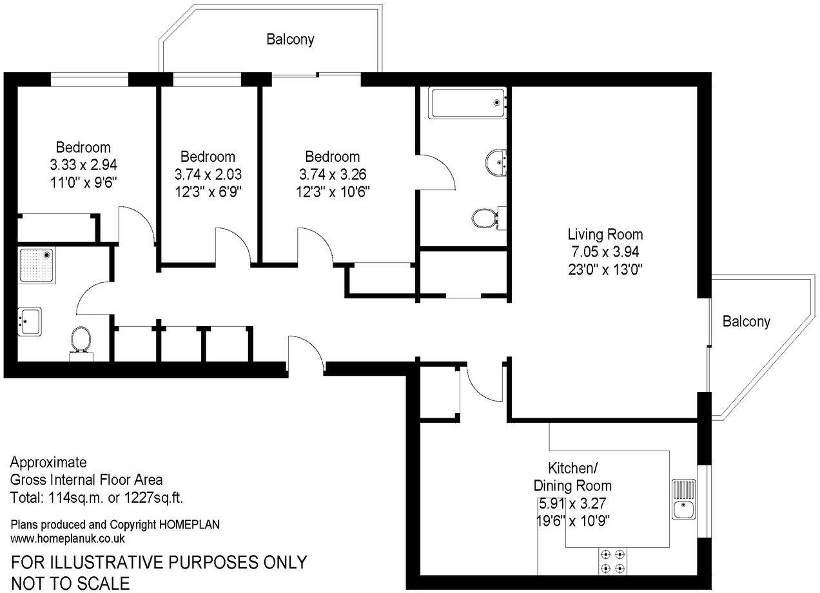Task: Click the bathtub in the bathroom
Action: tap(468, 102)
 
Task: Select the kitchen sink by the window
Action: tap(684, 500)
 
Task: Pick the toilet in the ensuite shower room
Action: tap(81, 339)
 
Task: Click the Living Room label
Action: tap(605, 235)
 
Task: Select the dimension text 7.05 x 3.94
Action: tap(605, 251)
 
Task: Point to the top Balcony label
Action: tap(290, 39)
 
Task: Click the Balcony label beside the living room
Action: tap(746, 321)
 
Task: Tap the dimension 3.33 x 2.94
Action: tap(83, 164)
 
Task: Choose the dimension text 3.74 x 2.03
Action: tap(208, 174)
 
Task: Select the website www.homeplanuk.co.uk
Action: tap(68, 538)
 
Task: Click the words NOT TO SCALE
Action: tap(70, 583)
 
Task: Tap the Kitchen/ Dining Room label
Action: tap(572, 476)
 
